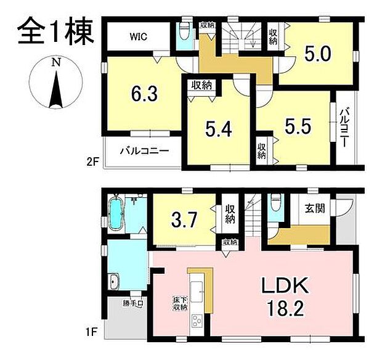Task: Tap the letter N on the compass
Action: click(x=55, y=62)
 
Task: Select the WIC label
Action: click(x=139, y=36)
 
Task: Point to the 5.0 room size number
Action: click(x=318, y=54)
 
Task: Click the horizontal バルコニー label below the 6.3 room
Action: click(x=142, y=150)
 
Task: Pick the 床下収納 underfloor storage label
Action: click(x=178, y=304)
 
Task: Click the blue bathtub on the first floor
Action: click(x=116, y=215)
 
